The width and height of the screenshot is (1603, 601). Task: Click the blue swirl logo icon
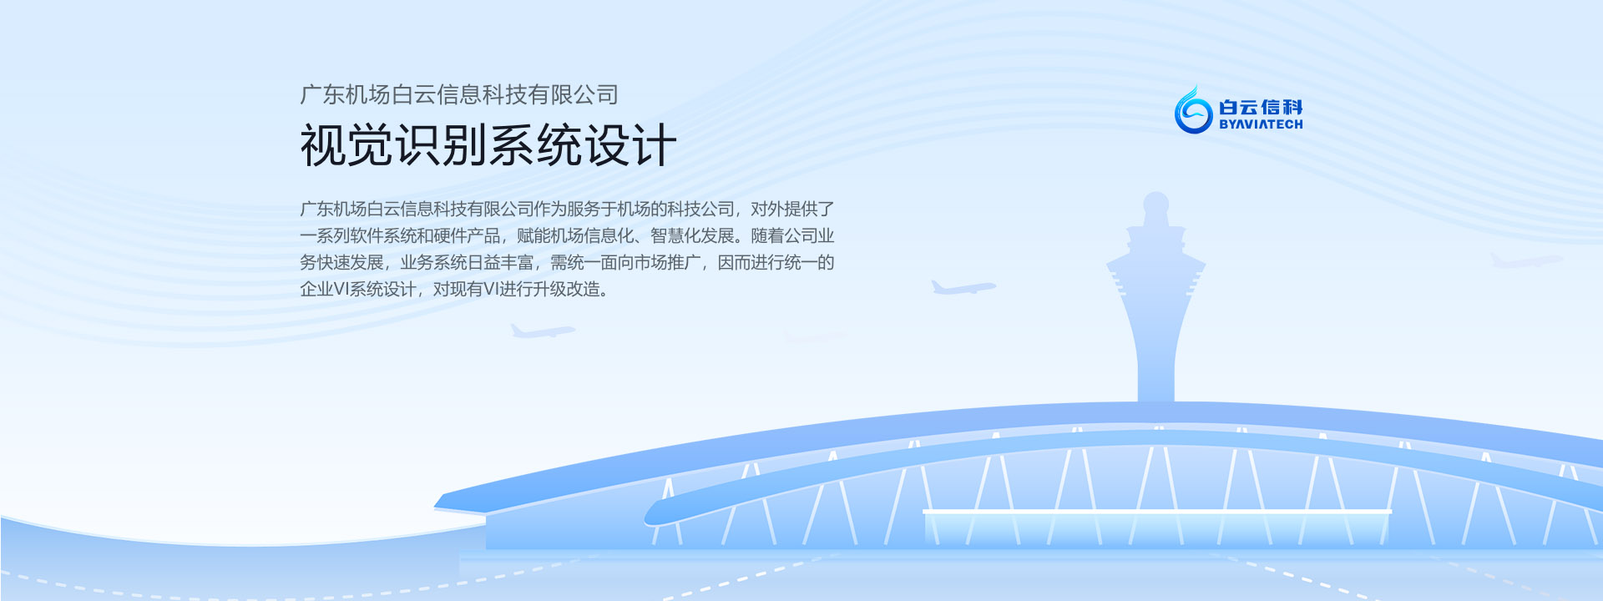[x=1193, y=110]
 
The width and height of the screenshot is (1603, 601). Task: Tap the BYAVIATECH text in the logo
[x=1261, y=124]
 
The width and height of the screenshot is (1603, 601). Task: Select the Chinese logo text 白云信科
[x=1261, y=107]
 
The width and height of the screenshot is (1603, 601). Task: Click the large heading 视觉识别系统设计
[x=488, y=145]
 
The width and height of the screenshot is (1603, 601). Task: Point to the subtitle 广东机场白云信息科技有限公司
[x=459, y=94]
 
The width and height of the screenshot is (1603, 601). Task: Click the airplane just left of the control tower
[x=963, y=288]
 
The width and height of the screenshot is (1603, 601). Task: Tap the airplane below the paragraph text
[x=543, y=331]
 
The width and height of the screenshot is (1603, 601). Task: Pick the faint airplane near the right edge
[x=1527, y=260]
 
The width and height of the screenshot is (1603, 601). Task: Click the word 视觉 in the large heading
[x=346, y=145]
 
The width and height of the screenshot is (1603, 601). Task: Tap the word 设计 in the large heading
[x=630, y=145]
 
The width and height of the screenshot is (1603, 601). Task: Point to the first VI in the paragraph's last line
[x=341, y=290]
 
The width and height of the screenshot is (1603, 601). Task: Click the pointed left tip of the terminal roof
[x=435, y=504]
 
